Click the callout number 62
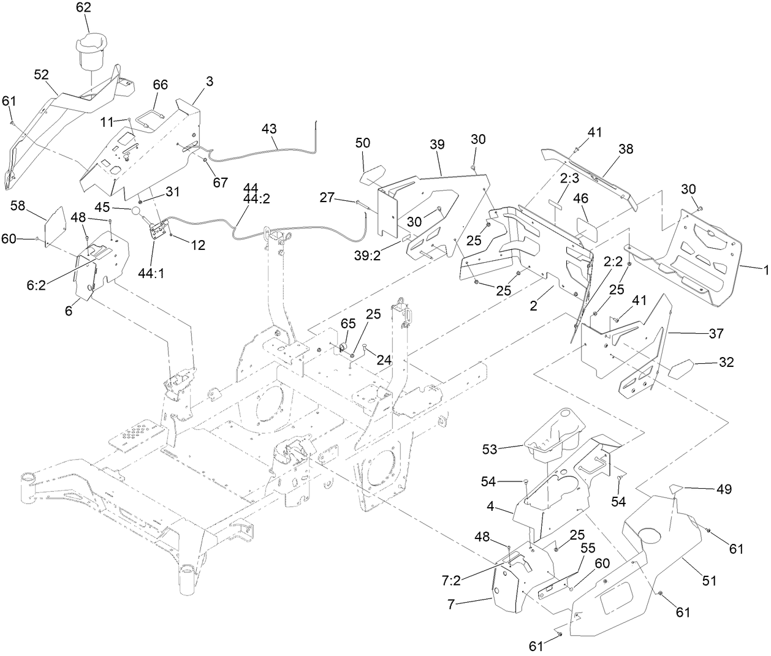pos(83,8)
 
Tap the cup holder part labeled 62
pos(90,52)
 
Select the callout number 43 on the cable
pos(269,129)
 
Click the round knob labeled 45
pos(137,212)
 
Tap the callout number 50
pos(363,143)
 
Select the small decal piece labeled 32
pos(682,370)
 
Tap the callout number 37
pos(716,334)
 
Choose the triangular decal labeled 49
pos(675,488)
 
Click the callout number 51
pos(709,579)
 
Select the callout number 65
pos(348,322)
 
